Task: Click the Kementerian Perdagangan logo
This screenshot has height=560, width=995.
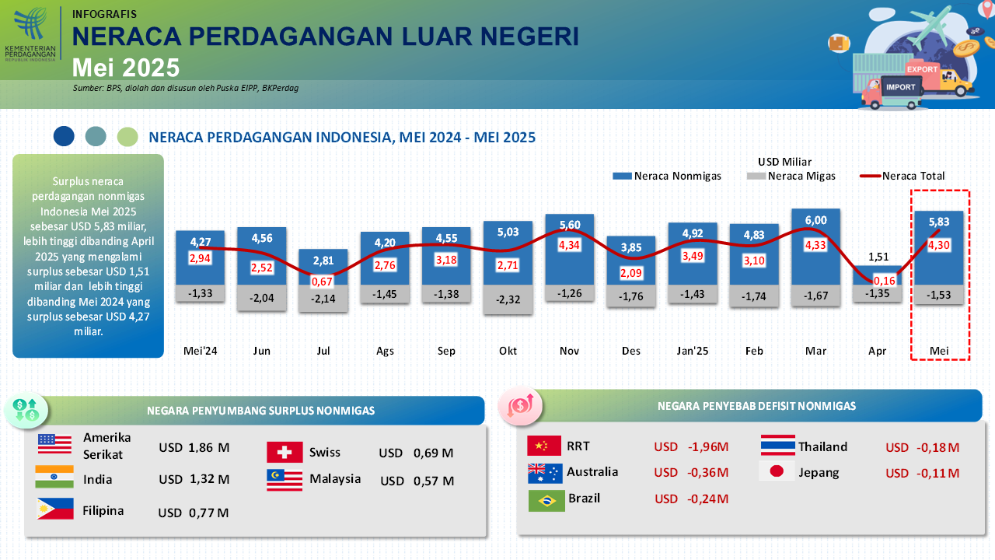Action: pos(30,33)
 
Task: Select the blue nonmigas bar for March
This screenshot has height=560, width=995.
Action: pos(815,247)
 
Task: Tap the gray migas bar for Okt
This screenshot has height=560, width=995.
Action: pos(508,299)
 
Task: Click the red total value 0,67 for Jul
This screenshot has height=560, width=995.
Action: pos(322,282)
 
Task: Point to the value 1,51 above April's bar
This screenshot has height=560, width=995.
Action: pos(878,257)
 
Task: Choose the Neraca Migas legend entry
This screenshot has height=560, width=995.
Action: pos(791,176)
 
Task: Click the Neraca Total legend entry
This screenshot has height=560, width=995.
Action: pos(902,176)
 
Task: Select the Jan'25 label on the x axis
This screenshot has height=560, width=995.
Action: pos(692,351)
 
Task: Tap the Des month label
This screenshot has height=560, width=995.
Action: pos(630,351)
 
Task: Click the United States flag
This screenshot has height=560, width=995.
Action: pos(54,444)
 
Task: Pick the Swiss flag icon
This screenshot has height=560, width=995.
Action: pos(285,453)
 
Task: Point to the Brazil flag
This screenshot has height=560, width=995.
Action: pos(546,501)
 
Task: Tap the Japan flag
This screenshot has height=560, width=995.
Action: pos(777,471)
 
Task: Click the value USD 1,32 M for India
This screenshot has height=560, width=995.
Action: pos(194,480)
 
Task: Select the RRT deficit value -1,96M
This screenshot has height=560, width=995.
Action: pos(708,446)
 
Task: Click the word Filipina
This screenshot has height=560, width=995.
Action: pos(103,511)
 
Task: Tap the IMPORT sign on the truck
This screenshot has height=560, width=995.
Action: pos(901,87)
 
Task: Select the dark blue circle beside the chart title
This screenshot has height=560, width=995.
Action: pos(64,136)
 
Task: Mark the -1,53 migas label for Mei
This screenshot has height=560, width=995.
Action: pos(938,295)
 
